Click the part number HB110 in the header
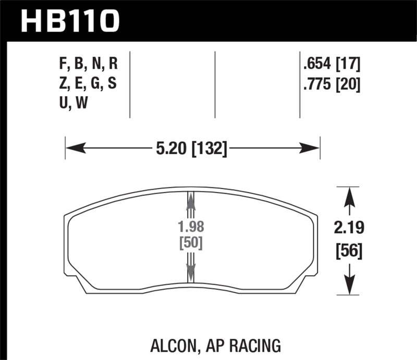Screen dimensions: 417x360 [70, 21]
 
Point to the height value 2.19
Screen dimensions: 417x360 [346, 228]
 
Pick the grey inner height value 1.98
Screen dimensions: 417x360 [190, 227]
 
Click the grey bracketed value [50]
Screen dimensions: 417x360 [190, 243]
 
